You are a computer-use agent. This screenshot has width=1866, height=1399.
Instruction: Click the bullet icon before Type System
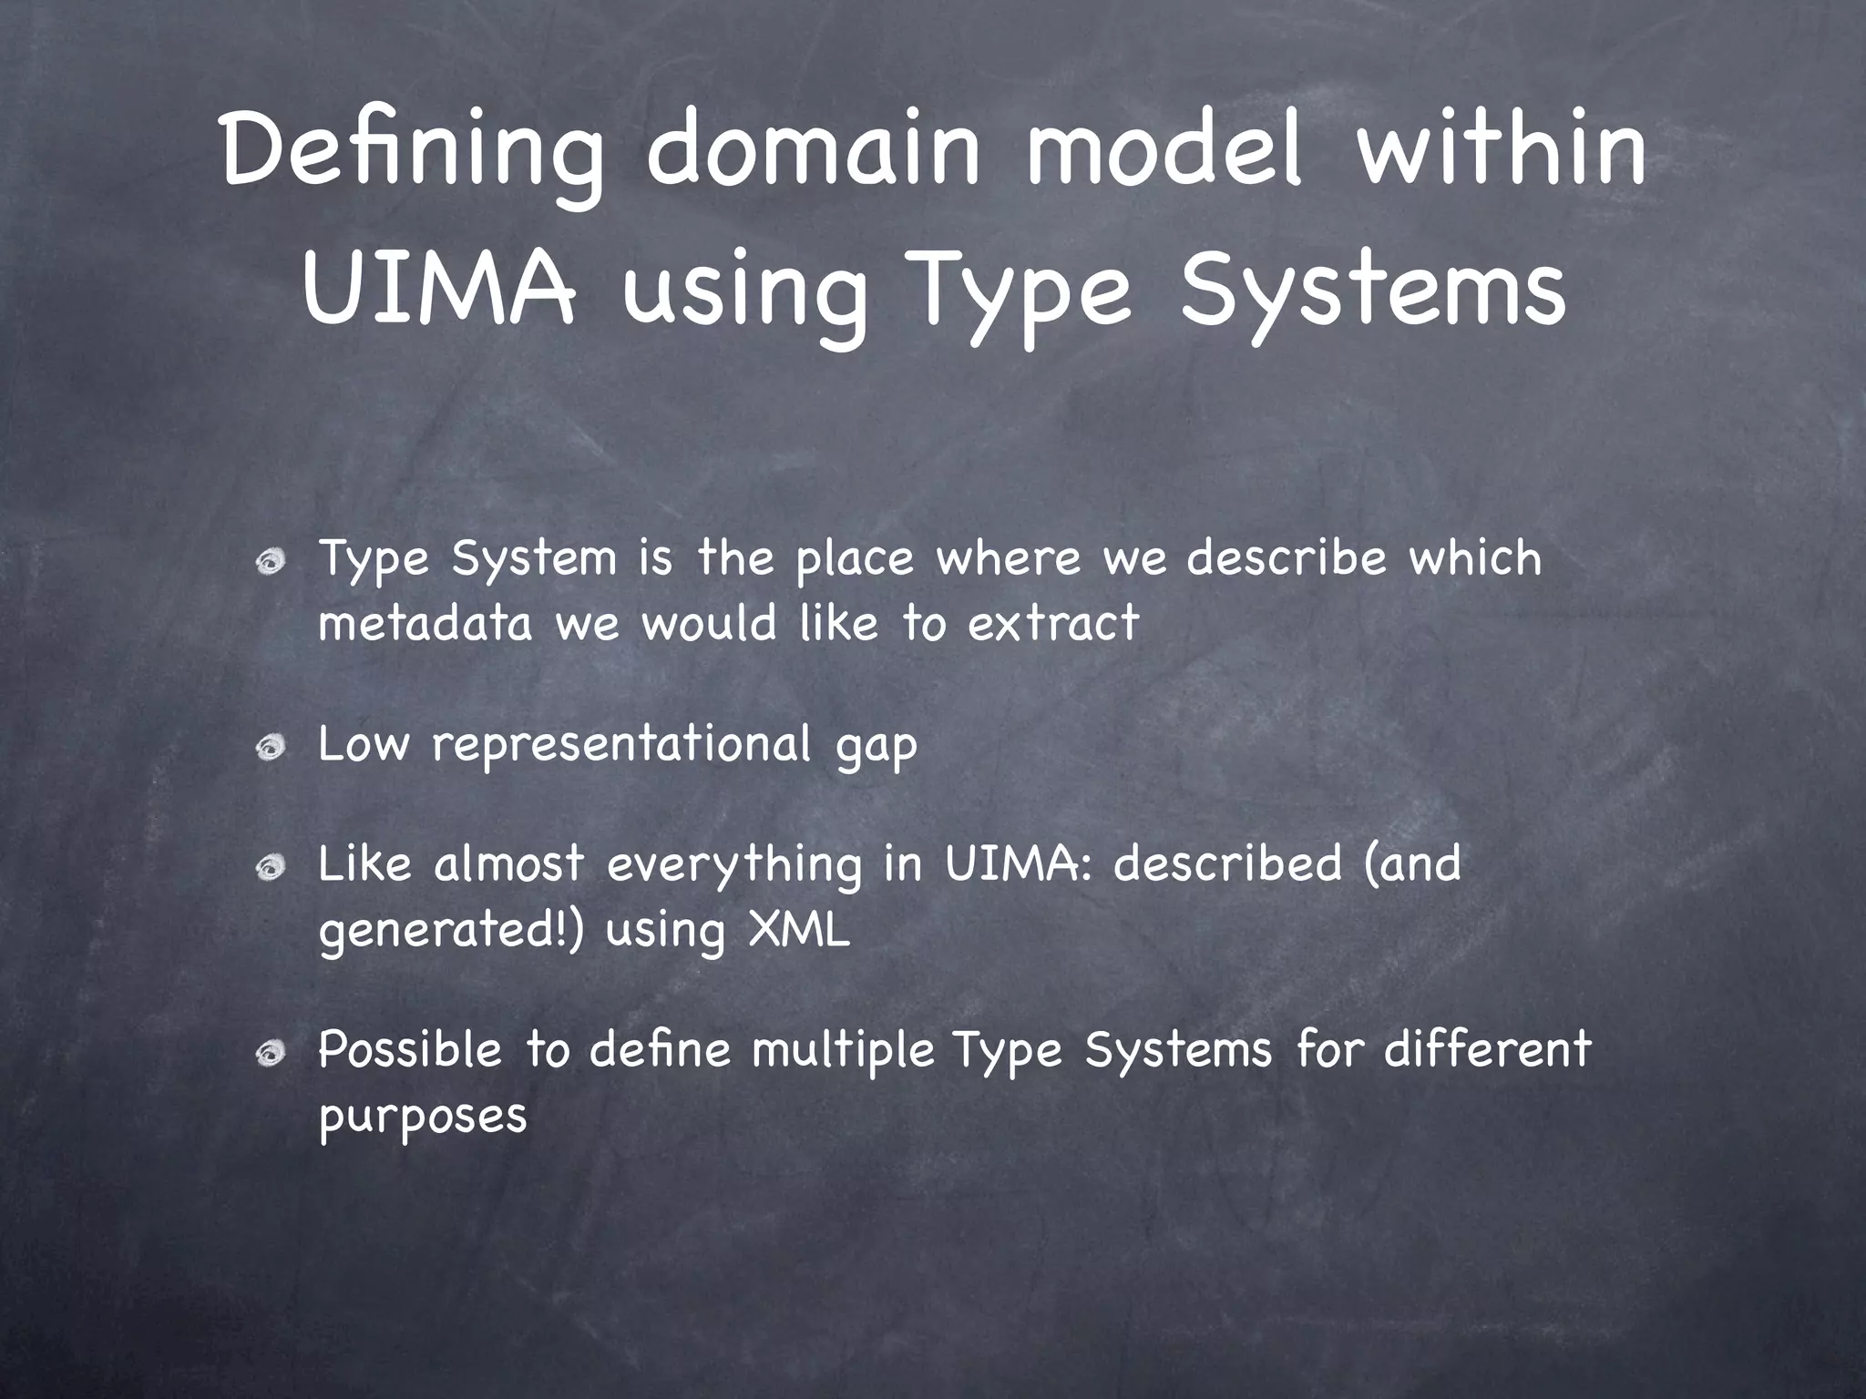(x=271, y=565)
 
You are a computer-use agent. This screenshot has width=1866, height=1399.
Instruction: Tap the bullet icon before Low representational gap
(x=271, y=749)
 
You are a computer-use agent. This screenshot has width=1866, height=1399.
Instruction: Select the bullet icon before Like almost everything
(x=271, y=871)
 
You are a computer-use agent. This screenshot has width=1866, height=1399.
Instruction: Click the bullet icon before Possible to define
(x=271, y=1055)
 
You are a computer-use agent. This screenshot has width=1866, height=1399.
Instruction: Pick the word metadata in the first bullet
(x=425, y=624)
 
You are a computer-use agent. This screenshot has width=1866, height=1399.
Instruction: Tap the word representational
(x=620, y=744)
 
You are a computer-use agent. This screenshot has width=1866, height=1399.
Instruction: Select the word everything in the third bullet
(x=733, y=865)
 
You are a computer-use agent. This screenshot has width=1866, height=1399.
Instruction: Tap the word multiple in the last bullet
(x=844, y=1051)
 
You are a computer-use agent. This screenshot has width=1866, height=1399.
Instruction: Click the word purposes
(x=423, y=1117)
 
